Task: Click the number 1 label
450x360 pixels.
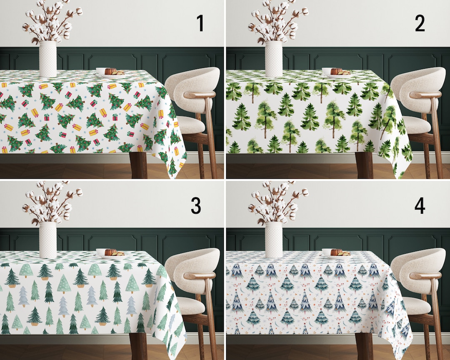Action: coord(200,24)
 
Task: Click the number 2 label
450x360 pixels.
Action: coord(420,24)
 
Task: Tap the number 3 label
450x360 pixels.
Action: coord(196,205)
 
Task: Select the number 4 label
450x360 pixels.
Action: coord(420,205)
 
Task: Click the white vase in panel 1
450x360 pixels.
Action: coord(48,59)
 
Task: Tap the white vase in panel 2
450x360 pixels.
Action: coord(274,59)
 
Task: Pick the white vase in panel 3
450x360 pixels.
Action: coord(48,240)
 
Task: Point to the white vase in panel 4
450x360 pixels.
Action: coord(274,240)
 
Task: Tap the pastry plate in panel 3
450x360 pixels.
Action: coord(110,253)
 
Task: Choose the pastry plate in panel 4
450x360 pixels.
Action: coord(336,253)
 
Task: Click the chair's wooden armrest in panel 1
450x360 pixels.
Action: coord(199,95)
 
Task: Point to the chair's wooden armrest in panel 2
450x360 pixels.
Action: coord(425,95)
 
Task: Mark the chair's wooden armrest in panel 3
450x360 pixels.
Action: coord(199,276)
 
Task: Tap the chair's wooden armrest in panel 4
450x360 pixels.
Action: coord(425,276)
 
